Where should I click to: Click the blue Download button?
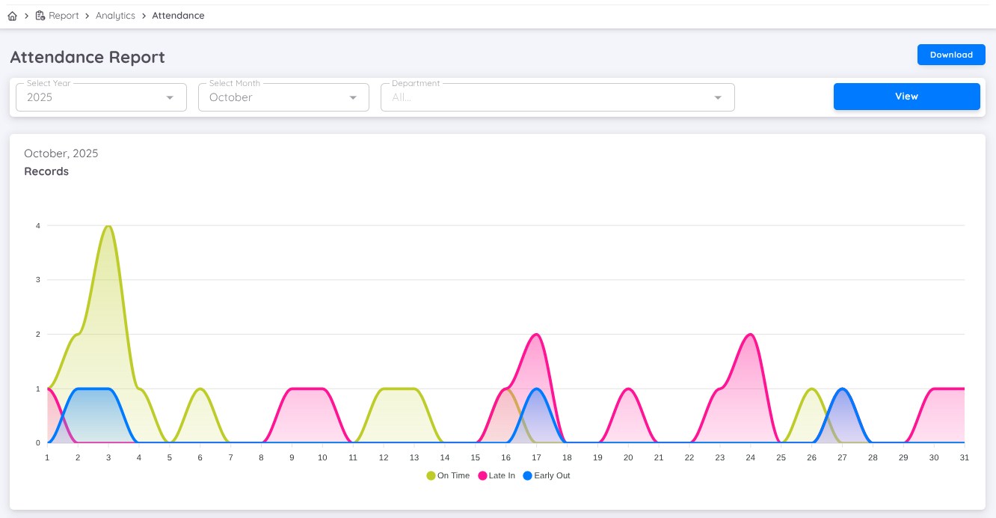(x=951, y=55)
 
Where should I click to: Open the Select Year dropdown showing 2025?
(x=101, y=97)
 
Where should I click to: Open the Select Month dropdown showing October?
(x=283, y=97)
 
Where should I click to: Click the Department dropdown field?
(x=557, y=97)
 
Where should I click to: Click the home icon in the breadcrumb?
(x=12, y=16)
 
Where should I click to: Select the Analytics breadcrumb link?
(x=115, y=16)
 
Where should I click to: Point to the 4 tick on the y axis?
(x=37, y=225)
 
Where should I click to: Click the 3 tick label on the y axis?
(x=37, y=280)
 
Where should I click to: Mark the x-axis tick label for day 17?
(x=536, y=457)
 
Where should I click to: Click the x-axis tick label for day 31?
(x=964, y=457)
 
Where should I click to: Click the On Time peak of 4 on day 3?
(x=108, y=226)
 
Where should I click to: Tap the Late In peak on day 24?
(x=750, y=335)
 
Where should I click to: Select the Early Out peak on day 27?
(x=842, y=389)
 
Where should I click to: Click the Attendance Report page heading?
(x=87, y=57)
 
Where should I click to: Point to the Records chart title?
(x=46, y=171)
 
